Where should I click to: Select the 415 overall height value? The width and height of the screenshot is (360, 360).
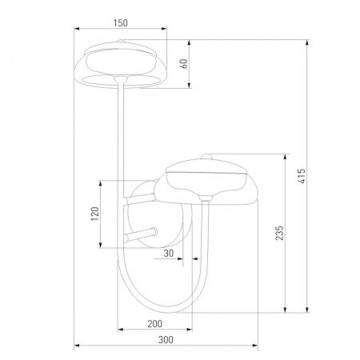pos(302,175)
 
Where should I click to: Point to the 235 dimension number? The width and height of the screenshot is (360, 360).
pos(279,233)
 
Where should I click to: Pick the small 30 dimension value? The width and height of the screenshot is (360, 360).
pos(168,253)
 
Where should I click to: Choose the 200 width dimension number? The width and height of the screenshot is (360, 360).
pos(155,323)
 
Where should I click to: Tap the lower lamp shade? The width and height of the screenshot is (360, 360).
pos(206,181)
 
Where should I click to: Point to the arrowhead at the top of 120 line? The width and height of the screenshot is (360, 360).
pos(99,181)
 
